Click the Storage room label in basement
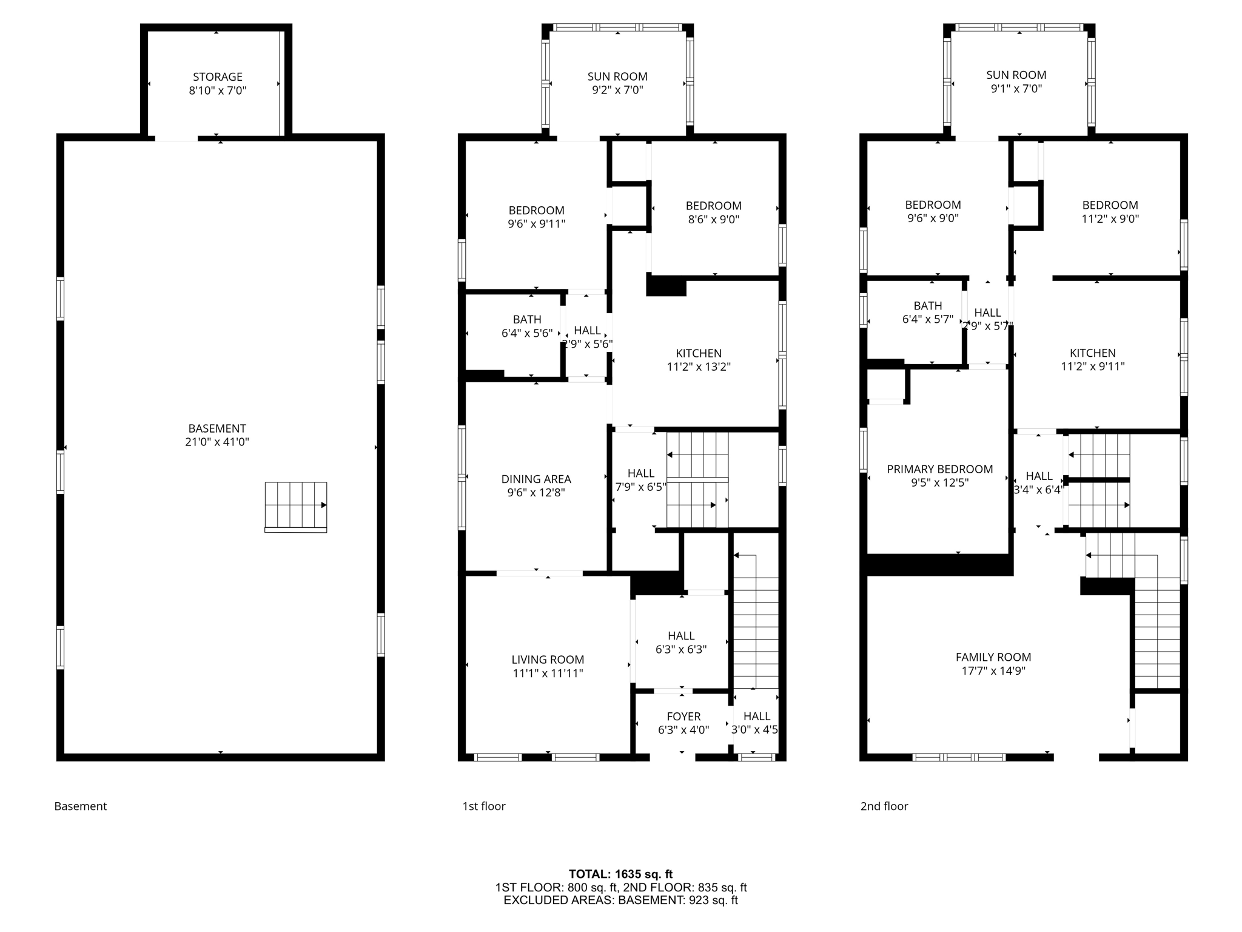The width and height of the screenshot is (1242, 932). (x=217, y=77)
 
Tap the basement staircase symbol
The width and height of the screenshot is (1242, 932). (x=296, y=506)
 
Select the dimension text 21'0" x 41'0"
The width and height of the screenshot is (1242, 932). (x=217, y=442)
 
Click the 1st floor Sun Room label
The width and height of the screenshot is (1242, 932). (x=617, y=76)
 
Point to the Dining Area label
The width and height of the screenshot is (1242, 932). (x=536, y=479)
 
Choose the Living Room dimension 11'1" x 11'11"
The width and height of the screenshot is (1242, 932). (x=548, y=673)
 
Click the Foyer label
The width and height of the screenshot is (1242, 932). (x=683, y=717)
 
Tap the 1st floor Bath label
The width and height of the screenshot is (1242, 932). (x=527, y=319)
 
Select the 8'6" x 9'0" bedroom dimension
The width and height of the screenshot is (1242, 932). (x=714, y=219)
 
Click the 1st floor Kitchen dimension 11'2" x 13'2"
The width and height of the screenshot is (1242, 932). (x=699, y=366)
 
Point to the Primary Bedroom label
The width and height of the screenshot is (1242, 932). (x=939, y=469)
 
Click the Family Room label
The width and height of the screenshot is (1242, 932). (x=993, y=657)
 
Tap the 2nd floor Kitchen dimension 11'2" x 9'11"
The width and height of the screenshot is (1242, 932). (x=1092, y=366)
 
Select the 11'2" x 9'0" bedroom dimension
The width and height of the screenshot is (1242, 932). (x=1110, y=218)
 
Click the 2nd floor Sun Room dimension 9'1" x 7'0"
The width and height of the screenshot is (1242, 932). (x=1016, y=89)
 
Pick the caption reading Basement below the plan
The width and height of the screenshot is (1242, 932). (x=81, y=806)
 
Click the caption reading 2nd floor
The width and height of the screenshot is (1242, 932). (x=884, y=806)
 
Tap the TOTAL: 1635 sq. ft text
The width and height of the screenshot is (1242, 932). (x=620, y=874)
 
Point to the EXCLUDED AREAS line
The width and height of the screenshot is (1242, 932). (x=620, y=900)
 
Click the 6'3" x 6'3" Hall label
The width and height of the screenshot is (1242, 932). (x=681, y=636)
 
